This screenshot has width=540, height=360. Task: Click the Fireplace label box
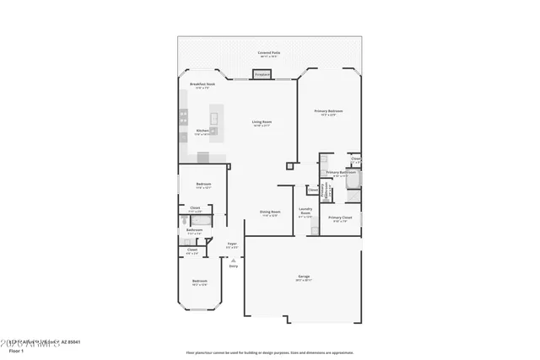[262, 75]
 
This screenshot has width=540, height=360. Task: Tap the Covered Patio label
[269, 54]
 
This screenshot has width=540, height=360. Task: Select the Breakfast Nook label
[202, 85]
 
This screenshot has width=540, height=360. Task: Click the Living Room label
[262, 123]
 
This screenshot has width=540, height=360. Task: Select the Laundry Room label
[305, 212]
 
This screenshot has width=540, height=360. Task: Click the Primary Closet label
[341, 219]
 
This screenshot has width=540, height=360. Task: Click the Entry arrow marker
[233, 261]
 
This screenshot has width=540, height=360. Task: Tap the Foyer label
[232, 245]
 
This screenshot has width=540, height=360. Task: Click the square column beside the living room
[289, 164]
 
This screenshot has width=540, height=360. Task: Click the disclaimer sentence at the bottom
[281, 352]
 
